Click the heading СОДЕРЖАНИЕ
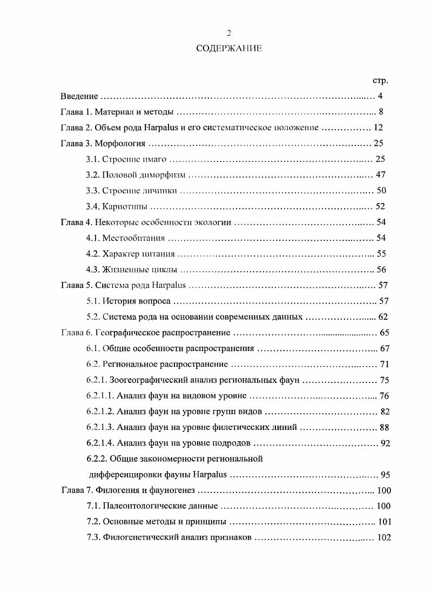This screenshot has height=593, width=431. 228,49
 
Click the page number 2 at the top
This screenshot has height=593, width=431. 228,33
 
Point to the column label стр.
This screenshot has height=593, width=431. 381,80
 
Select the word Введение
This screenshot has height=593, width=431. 79,97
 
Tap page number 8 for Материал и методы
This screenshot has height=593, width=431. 381,112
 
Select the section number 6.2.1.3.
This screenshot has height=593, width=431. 100,427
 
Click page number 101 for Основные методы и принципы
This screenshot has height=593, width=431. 384,522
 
